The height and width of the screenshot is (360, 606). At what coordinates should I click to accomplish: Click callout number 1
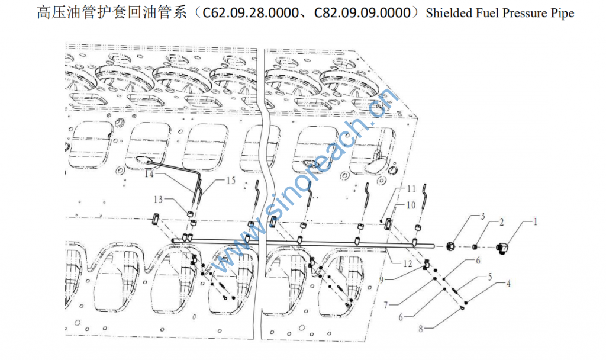click(x=536, y=223)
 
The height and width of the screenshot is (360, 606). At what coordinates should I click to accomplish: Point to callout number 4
click(x=508, y=284)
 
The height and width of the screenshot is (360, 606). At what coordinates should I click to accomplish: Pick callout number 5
click(x=490, y=276)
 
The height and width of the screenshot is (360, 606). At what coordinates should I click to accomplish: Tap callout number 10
click(x=411, y=204)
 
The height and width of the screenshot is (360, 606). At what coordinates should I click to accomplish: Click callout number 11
click(x=411, y=189)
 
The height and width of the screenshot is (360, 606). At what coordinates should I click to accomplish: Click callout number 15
click(x=230, y=181)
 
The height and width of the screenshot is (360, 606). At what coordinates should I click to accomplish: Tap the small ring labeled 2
click(x=475, y=246)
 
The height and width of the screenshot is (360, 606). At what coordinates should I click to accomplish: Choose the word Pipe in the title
click(x=562, y=13)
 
